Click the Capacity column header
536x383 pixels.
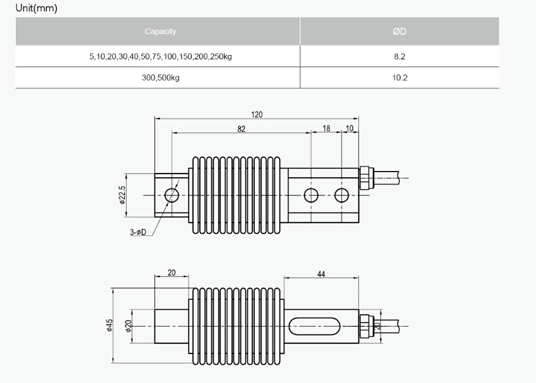160,32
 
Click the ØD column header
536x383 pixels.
399,32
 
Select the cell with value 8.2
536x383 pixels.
399,56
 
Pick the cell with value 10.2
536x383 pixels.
399,78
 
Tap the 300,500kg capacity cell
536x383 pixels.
160,78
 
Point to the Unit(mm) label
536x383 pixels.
37,8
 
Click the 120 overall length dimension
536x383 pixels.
257,115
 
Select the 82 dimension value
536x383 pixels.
242,129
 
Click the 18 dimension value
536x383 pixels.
327,128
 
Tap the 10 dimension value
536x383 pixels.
349,128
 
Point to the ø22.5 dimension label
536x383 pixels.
122,195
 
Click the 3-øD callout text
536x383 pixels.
138,232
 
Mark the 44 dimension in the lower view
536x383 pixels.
321,274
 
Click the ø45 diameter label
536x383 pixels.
109,325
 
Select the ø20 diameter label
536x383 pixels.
128,326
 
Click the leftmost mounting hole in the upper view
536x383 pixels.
172,195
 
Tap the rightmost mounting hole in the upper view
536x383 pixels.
342,195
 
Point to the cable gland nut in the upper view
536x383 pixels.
364,178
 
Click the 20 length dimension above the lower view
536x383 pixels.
172,273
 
